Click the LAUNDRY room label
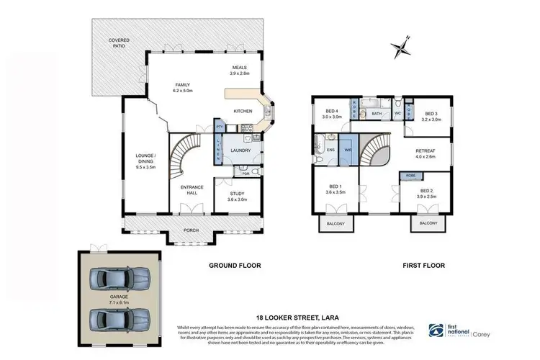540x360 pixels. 240,150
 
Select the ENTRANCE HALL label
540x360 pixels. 192,190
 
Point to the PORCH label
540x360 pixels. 192,230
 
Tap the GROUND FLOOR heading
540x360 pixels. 234,266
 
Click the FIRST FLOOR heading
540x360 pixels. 424,266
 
